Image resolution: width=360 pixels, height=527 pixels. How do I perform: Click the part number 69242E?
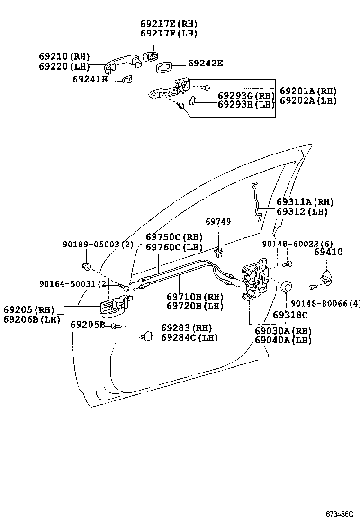[x=205, y=63]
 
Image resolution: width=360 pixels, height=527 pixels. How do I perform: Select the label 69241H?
[x=90, y=79]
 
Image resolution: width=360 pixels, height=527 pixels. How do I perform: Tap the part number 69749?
[x=218, y=222]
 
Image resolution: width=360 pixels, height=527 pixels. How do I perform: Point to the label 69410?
[x=328, y=252]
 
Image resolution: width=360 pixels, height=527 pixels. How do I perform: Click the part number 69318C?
[x=290, y=315]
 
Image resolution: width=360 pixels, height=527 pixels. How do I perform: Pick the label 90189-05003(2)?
[x=98, y=245]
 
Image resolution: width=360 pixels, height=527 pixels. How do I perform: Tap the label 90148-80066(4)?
[x=325, y=303]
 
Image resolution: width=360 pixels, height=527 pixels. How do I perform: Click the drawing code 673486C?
[x=339, y=514]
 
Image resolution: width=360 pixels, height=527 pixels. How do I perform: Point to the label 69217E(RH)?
[x=169, y=24]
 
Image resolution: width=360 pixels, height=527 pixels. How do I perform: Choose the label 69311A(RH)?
[x=305, y=202]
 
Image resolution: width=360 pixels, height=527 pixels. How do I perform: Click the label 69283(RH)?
[x=186, y=328]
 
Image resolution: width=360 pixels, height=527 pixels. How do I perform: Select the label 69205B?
[x=88, y=325]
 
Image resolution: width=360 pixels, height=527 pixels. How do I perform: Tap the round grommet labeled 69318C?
[x=287, y=288]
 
